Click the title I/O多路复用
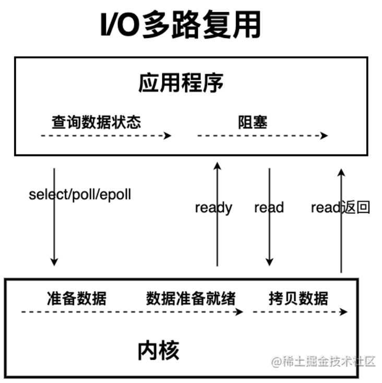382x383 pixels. click(180, 25)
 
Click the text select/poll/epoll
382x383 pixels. click(80, 195)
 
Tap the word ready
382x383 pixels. click(213, 208)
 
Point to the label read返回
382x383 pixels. click(340, 208)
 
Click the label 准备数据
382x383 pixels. click(76, 298)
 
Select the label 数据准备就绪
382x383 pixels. click(190, 298)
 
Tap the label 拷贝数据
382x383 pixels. click(299, 298)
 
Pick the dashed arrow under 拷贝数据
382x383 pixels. click(300, 312)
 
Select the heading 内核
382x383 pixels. click(159, 351)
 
